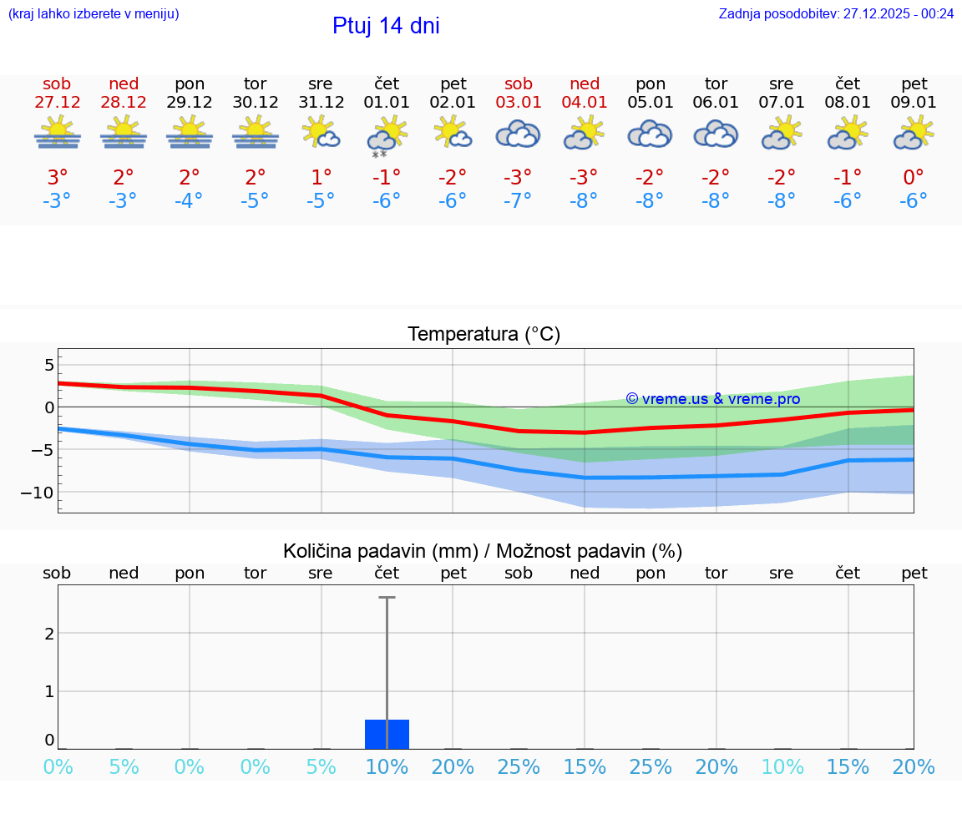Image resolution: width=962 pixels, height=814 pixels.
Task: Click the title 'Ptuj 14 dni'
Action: pyautogui.click(x=386, y=26)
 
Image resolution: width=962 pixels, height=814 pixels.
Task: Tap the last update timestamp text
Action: pyautogui.click(x=836, y=13)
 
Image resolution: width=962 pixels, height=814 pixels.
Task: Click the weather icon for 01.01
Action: pyautogui.click(x=386, y=134)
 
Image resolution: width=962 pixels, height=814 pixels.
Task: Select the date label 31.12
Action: pyautogui.click(x=321, y=103)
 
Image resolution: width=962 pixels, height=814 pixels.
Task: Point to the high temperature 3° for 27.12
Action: pyautogui.click(x=57, y=178)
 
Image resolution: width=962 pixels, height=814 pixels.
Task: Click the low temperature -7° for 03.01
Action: pyautogui.click(x=518, y=201)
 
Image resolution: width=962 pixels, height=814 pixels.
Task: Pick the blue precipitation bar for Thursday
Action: pyautogui.click(x=387, y=734)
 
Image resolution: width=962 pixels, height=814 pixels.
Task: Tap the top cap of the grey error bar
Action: pyautogui.click(x=387, y=598)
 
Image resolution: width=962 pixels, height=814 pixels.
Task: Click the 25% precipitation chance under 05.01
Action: pyautogui.click(x=650, y=766)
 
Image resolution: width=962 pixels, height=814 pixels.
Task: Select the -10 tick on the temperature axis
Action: pyautogui.click(x=37, y=493)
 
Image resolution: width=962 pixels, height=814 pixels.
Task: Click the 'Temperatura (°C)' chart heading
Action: pyautogui.click(x=484, y=335)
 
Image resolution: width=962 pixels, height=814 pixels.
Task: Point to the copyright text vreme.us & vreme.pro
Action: pyautogui.click(x=712, y=399)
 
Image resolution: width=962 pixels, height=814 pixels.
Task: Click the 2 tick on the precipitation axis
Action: pyautogui.click(x=49, y=633)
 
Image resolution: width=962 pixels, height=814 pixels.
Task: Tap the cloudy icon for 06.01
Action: pyautogui.click(x=716, y=134)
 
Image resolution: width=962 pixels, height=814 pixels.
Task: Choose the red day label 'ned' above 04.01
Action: pyautogui.click(x=584, y=83)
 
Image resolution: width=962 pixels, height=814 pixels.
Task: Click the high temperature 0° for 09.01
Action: pyautogui.click(x=914, y=178)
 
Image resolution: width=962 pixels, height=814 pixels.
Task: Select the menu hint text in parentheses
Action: pyautogui.click(x=94, y=13)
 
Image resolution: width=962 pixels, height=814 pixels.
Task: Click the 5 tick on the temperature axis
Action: pyautogui.click(x=48, y=365)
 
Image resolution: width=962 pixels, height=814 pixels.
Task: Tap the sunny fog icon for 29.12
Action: pyautogui.click(x=190, y=134)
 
